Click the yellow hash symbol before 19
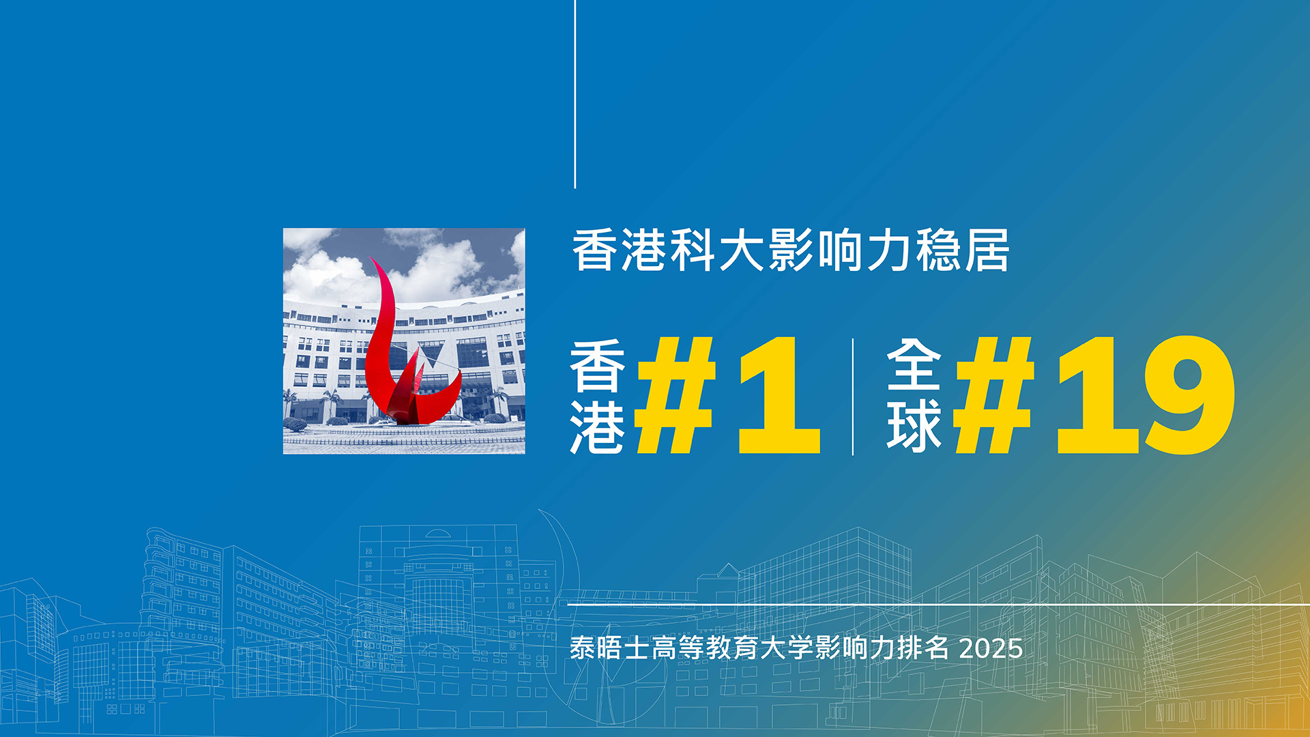click(995, 395)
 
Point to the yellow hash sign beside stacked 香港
click(675, 395)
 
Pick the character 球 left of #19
click(914, 426)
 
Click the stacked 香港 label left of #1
click(598, 396)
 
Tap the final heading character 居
click(987, 250)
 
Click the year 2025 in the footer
click(991, 648)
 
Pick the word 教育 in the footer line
click(732, 648)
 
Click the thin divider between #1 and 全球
click(853, 396)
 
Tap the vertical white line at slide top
click(575, 94)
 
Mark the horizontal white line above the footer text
click(939, 605)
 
